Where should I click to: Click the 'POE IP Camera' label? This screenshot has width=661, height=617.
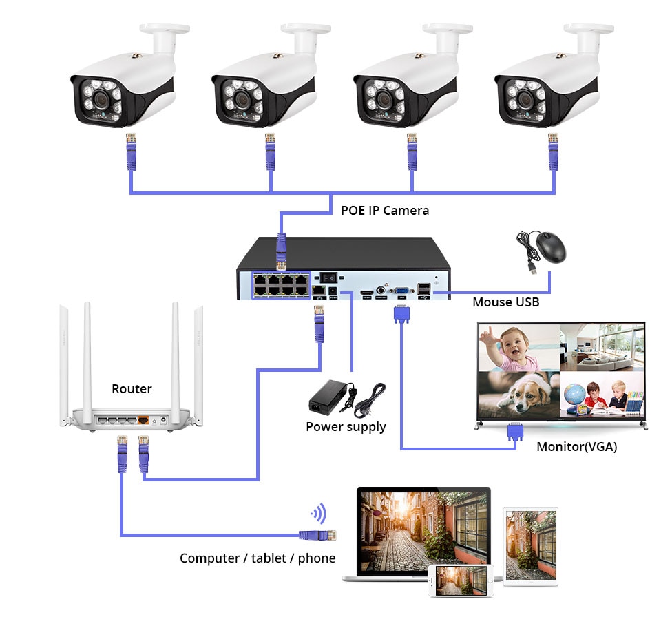(x=385, y=210)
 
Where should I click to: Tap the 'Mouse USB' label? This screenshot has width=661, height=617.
(x=505, y=302)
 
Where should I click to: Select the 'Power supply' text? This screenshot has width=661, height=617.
(x=346, y=427)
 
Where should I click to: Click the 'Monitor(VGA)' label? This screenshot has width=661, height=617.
(x=576, y=446)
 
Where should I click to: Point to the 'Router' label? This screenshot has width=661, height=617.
(x=132, y=389)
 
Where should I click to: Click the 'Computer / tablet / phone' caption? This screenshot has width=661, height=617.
(x=258, y=558)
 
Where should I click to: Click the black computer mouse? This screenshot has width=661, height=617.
(x=551, y=247)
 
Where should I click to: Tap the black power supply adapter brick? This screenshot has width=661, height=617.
(x=329, y=397)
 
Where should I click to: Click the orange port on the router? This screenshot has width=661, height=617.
(x=143, y=419)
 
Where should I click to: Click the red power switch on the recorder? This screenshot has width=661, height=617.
(x=330, y=276)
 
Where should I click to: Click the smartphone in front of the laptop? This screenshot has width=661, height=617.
(x=461, y=581)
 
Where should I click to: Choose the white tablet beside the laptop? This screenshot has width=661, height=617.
(x=530, y=544)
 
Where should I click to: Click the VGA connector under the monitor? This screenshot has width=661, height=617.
(x=514, y=432)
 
